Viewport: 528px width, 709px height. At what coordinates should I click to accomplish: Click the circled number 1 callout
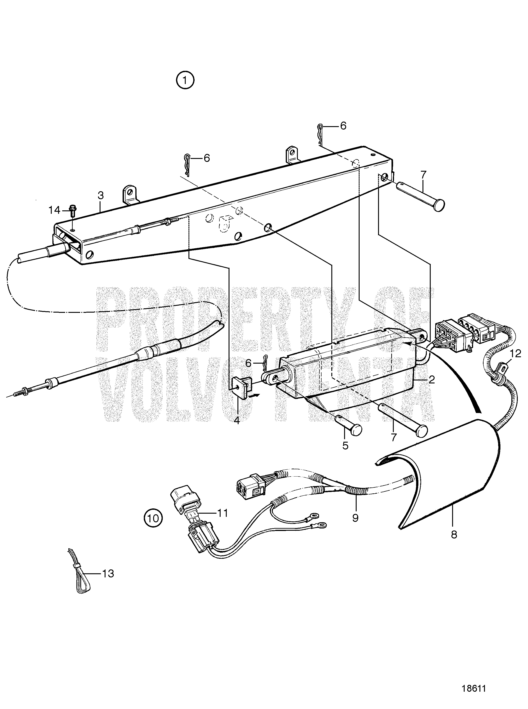point(185,80)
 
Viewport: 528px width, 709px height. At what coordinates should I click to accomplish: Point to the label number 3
point(101,195)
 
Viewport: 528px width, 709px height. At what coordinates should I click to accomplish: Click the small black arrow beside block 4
point(256,395)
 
